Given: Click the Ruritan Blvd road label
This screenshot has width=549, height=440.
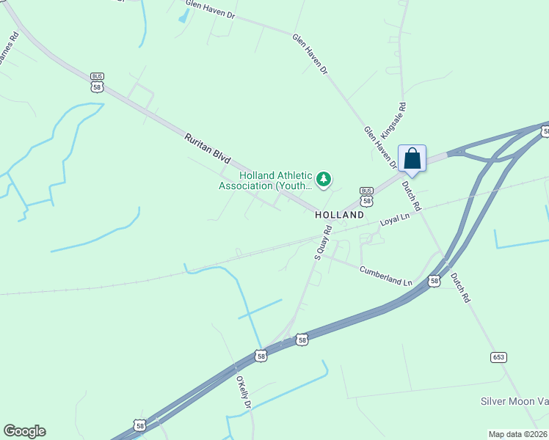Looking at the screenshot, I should click(x=208, y=148).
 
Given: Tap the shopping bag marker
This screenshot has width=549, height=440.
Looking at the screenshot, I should click(x=412, y=159).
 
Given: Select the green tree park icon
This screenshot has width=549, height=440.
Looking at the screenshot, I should click(x=324, y=179).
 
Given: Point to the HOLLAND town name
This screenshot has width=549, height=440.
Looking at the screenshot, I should click(x=339, y=216).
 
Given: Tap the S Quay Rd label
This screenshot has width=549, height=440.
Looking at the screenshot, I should click(x=323, y=243).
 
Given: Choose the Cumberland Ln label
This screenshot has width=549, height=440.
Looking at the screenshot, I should click(x=385, y=276).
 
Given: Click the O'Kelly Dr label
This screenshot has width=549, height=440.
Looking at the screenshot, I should click(x=244, y=393).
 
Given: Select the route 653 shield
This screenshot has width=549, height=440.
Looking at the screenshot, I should click(x=499, y=357).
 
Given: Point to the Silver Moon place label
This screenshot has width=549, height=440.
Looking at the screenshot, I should click(x=514, y=401).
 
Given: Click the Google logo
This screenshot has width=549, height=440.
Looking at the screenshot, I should click(x=24, y=431).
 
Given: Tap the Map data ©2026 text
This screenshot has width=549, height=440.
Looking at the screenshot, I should click(x=517, y=434).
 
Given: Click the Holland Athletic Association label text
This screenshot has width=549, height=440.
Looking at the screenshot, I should click(x=265, y=180).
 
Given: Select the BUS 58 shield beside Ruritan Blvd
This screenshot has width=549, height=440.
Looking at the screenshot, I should click(x=97, y=81).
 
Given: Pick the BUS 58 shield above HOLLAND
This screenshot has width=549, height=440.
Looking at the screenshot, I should click(x=366, y=196).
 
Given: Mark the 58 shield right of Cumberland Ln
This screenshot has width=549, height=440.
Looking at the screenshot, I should click(x=435, y=280).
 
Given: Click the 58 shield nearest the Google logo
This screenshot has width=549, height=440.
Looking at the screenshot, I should click(x=140, y=425).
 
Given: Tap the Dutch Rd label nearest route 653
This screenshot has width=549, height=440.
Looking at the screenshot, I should click(x=459, y=287).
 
